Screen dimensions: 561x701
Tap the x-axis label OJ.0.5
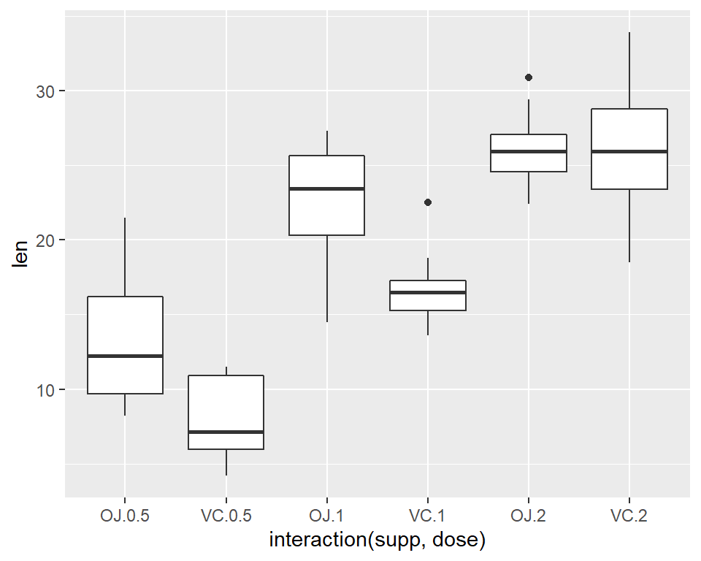125,516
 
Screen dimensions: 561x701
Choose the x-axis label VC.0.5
226,516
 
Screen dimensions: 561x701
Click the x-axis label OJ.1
326,516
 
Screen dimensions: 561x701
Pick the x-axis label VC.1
427,516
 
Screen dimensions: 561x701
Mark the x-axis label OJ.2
528,516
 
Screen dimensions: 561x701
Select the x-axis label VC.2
629,516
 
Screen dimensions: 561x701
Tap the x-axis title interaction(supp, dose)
378,541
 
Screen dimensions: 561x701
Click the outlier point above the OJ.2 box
529,77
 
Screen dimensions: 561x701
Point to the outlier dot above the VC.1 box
428,202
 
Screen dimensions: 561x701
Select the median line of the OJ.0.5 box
125,356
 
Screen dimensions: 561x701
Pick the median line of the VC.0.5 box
226,432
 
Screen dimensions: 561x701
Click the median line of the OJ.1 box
326,188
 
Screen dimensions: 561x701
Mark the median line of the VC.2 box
629,151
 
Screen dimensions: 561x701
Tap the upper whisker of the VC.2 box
629,70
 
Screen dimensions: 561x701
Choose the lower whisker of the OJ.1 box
326,278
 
